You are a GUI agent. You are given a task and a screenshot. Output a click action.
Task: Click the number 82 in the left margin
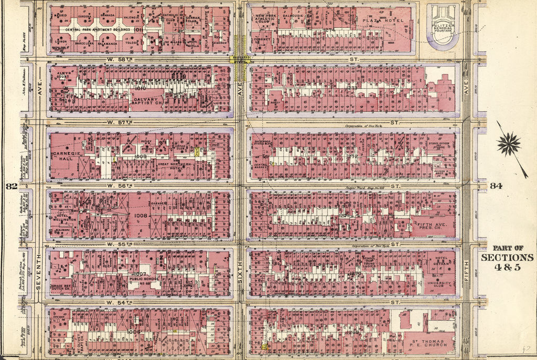[x=10, y=186]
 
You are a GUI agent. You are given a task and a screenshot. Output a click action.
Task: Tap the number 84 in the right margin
[x=496, y=186]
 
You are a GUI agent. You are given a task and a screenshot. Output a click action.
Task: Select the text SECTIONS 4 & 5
[x=507, y=262]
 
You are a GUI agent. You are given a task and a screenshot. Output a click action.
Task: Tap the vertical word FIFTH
[x=466, y=273]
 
